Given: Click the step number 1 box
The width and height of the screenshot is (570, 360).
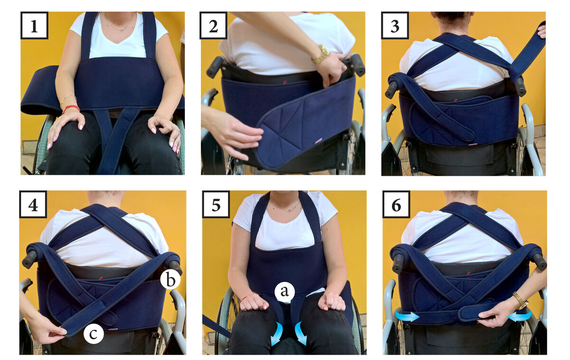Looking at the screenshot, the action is click(34, 26).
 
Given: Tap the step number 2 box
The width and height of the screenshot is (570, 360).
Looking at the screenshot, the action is click(213, 26).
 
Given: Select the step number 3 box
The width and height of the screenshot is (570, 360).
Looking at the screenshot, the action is click(395, 26).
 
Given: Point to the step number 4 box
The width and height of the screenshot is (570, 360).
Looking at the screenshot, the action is click(33, 204).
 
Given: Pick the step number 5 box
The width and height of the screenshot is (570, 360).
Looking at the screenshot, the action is click(216, 204).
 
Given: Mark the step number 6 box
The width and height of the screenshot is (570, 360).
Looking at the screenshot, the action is click(396, 204).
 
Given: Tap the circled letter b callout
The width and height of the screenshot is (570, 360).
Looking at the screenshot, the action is click(171, 279).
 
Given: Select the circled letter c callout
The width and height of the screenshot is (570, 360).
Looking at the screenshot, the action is click(94, 333).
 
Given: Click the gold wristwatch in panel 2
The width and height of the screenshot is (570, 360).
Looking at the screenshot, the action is click(322, 55).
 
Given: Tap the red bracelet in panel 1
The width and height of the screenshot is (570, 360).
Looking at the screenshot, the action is click(71, 109).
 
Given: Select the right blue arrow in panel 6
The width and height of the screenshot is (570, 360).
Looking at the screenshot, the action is click(519, 316).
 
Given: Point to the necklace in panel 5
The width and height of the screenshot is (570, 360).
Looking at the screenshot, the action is click(285, 207).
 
